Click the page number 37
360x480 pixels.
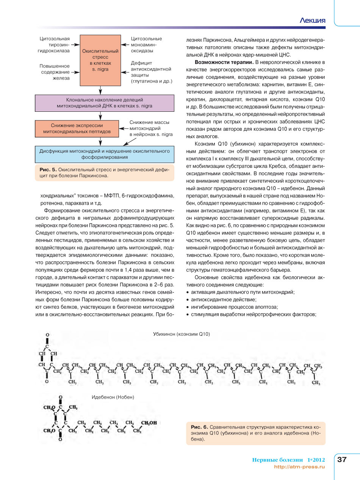pyautogui.click(x=342, y=460)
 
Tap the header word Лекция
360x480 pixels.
pyautogui.click(x=312, y=20)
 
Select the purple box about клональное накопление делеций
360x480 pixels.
pyautogui.click(x=105, y=103)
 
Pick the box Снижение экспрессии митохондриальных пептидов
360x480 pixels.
pyautogui.click(x=77, y=128)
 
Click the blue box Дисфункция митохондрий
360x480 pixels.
pyautogui.click(x=105, y=153)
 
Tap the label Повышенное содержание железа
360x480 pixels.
pyautogui.click(x=55, y=72)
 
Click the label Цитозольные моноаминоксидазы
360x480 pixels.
pyautogui.click(x=146, y=44)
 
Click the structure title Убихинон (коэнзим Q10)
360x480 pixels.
pyautogui.click(x=181, y=334)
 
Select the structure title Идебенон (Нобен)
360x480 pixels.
pyautogui.click(x=113, y=397)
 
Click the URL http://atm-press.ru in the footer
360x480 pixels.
pyautogui.click(x=299, y=467)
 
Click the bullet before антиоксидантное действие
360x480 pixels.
pyautogui.click(x=188, y=300)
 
